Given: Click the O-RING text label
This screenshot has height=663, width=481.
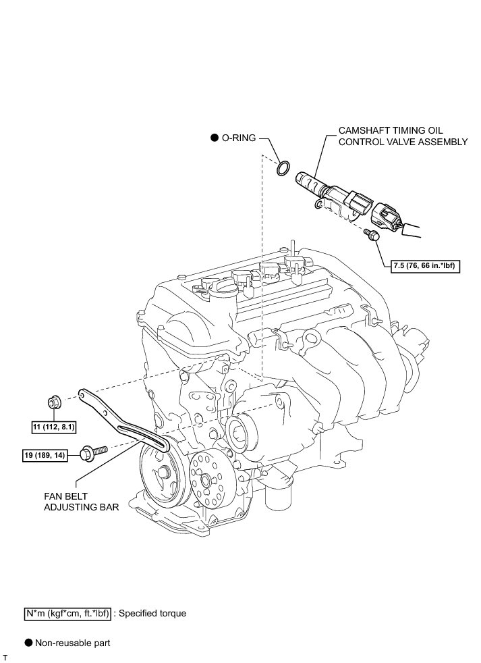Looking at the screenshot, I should (x=239, y=138).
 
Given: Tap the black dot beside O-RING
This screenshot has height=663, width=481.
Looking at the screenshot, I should (x=215, y=138).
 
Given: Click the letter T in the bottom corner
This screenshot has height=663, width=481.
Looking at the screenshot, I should (x=5, y=657).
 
